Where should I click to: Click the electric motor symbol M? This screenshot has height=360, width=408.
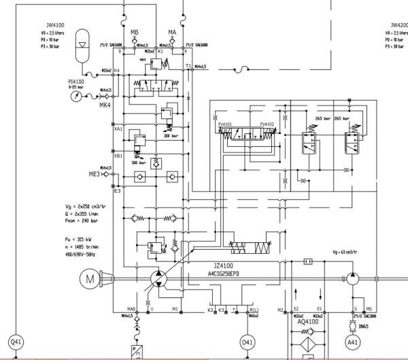pos(89,278)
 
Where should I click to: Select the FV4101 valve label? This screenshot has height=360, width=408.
pos(226,125)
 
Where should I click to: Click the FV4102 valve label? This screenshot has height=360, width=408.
pos(267,125)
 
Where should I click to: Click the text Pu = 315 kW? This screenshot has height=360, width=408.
pos(69,240)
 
